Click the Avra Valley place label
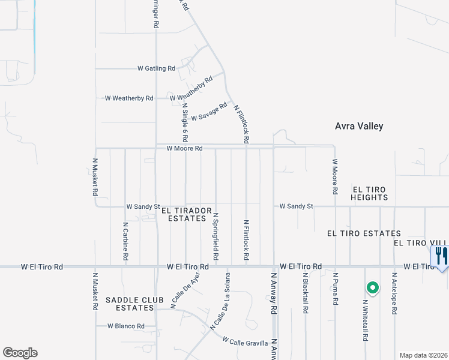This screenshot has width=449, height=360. click(358, 127)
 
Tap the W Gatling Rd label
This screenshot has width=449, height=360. click(156, 68)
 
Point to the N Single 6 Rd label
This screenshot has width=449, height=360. click(185, 122)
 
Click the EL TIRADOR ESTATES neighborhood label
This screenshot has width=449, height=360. click(187, 215)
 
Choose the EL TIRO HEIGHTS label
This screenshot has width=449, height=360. click(370, 193)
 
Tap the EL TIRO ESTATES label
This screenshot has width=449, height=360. click(364, 233)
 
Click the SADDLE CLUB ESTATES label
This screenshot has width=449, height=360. click(130, 304)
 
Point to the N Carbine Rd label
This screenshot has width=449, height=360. click(125, 241)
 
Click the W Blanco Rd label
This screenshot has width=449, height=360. click(126, 326)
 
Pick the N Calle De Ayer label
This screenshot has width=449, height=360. click(185, 289)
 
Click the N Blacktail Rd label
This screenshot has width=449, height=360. click(305, 293)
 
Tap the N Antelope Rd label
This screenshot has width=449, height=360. click(394, 293)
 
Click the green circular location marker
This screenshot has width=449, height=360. click(373, 289)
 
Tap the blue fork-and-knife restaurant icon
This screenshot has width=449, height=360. click(440, 256)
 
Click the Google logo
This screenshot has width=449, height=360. click(20, 353)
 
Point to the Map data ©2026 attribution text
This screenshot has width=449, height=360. click(423, 355)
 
